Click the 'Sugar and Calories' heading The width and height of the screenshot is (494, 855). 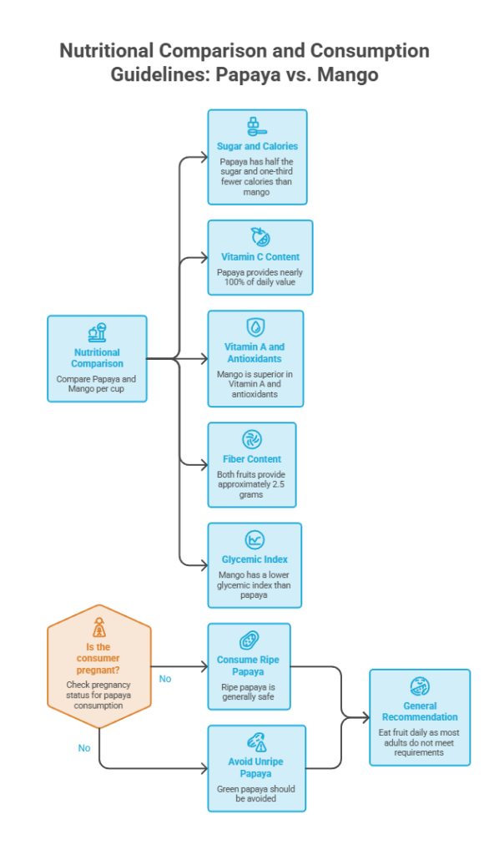pyautogui.click(x=257, y=146)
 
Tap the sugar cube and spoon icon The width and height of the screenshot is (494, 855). pyautogui.click(x=256, y=127)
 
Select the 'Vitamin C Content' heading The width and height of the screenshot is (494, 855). pyautogui.click(x=260, y=257)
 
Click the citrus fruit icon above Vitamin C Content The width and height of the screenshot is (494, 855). pyautogui.click(x=260, y=237)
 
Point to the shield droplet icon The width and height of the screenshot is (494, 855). pyautogui.click(x=255, y=327)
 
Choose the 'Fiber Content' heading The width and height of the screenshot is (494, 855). pyautogui.click(x=252, y=459)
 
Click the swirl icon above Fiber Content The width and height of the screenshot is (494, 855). pyautogui.click(x=252, y=439)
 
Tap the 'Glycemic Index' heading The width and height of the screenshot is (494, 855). pyautogui.click(x=255, y=559)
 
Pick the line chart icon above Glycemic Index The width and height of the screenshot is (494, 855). pyautogui.click(x=255, y=540)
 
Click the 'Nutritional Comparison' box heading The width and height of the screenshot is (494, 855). pyautogui.click(x=97, y=357)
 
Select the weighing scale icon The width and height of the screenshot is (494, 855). pyautogui.click(x=98, y=332)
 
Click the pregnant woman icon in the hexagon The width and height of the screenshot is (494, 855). pyautogui.click(x=98, y=627)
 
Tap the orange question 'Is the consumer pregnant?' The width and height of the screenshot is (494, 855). pyautogui.click(x=98, y=658)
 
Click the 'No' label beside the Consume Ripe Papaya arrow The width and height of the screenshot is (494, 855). pyautogui.click(x=165, y=679)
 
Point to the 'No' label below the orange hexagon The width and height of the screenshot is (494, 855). pyautogui.click(x=84, y=748)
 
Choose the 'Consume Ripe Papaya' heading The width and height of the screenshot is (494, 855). pyautogui.click(x=248, y=665)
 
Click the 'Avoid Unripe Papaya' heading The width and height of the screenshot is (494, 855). pyautogui.click(x=255, y=767)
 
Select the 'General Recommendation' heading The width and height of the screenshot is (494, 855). pyautogui.click(x=420, y=711)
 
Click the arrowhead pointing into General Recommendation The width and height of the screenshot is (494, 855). pyautogui.click(x=365, y=717)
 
